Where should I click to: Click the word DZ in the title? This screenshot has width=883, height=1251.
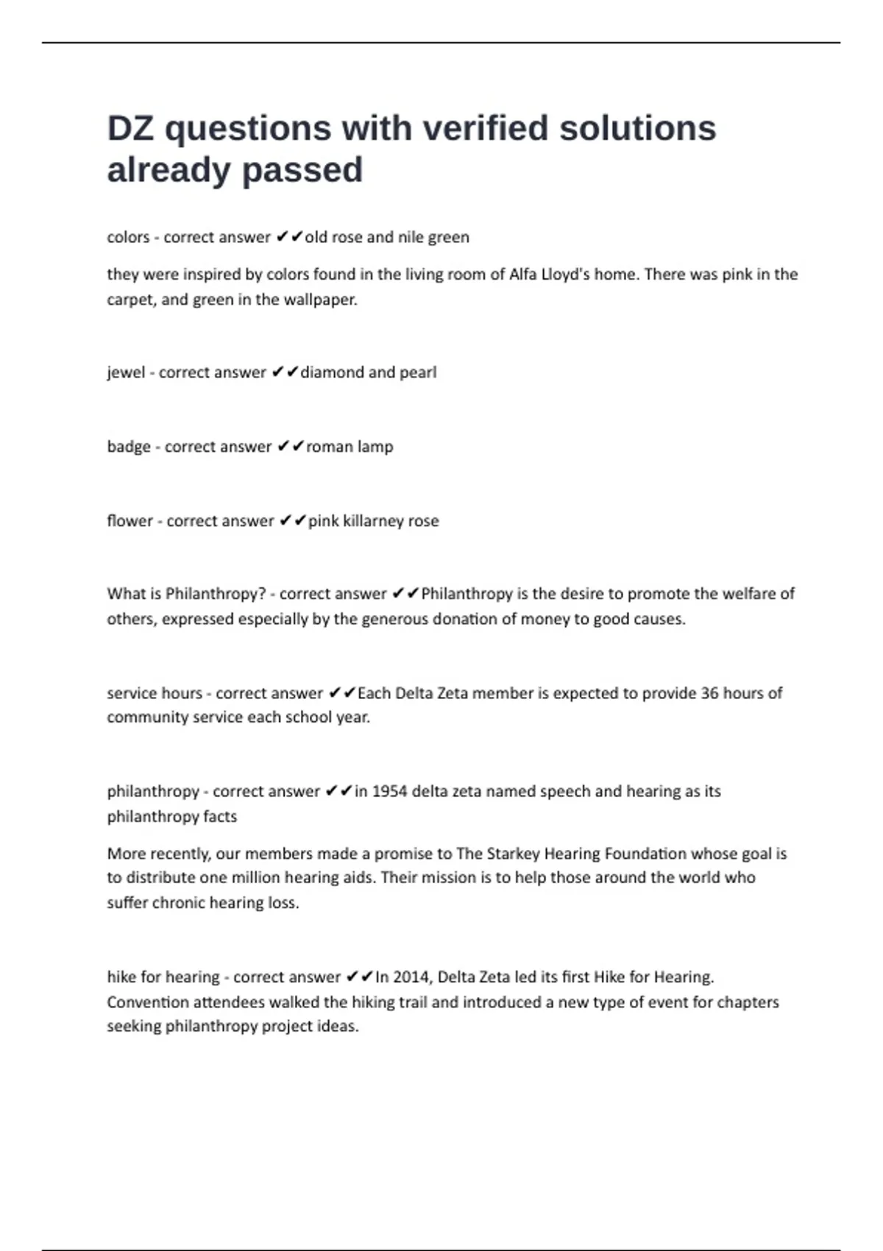[130, 129]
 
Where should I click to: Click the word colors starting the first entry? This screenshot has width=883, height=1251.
[128, 237]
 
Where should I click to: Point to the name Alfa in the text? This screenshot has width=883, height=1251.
[522, 274]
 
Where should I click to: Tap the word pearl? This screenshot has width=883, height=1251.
[418, 372]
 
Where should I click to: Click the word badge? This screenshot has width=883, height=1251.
[129, 447]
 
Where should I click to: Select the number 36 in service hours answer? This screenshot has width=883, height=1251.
[709, 693]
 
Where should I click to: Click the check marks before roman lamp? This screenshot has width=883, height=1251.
[291, 447]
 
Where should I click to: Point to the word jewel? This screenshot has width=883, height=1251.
[126, 372]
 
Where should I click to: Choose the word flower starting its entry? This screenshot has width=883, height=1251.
[130, 521]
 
